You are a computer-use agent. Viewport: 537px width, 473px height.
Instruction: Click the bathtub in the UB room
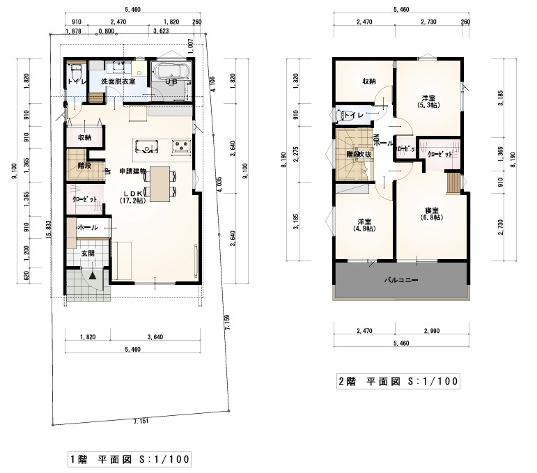click(x=171, y=72)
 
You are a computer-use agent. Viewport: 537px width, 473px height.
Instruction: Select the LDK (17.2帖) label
click(x=132, y=196)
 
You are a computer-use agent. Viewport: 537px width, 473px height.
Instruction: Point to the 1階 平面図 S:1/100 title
click(x=130, y=460)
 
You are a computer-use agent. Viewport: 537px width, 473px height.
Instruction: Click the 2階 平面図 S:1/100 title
click(x=398, y=382)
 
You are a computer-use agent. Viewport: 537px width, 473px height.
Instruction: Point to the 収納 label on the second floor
click(x=368, y=82)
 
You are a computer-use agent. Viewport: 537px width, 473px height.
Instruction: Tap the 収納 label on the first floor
click(x=84, y=138)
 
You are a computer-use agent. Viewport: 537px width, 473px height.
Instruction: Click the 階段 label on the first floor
click(x=84, y=166)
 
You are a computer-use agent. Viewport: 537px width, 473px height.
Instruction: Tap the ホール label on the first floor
click(x=88, y=228)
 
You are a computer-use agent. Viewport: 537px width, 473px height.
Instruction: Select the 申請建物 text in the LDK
click(x=132, y=171)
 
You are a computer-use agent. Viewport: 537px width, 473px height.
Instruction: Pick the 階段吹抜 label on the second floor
click(x=354, y=155)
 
